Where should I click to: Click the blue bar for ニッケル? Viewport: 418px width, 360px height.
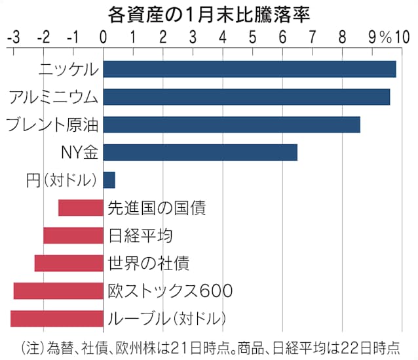click(249, 69)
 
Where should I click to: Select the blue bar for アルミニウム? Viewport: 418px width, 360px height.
click(246, 96)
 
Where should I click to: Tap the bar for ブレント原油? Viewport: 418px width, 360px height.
click(231, 124)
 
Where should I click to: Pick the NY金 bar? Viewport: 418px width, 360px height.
click(200, 152)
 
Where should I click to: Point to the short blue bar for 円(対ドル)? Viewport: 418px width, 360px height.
click(109, 180)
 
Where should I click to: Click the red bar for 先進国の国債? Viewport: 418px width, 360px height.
click(81, 208)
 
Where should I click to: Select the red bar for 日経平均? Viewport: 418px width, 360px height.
click(73, 235)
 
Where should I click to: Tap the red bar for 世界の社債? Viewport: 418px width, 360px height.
click(69, 263)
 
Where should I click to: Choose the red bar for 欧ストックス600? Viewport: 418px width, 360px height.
click(58, 290)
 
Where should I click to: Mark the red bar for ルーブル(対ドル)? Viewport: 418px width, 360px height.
click(57, 319)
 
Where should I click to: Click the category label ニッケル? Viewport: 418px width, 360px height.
click(68, 69)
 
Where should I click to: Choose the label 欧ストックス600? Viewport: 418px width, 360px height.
click(170, 290)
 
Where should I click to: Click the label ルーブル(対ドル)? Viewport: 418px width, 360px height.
click(166, 319)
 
